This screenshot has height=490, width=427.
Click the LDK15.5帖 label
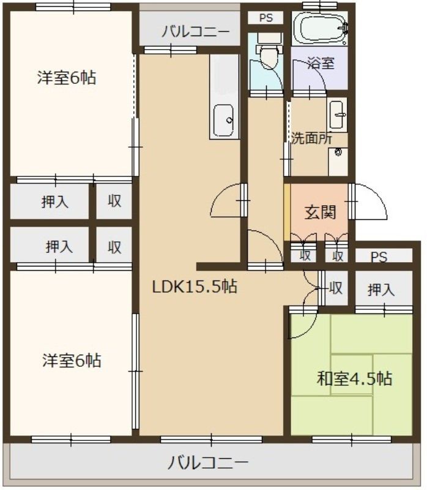pyautogui.click(x=195, y=286)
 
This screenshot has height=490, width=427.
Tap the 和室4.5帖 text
pyautogui.click(x=354, y=379)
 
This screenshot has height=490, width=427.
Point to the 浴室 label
pyautogui.click(x=321, y=63)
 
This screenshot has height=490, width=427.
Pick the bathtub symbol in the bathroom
pyautogui.click(x=319, y=28)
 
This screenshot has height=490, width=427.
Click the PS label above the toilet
pyautogui.click(x=265, y=18)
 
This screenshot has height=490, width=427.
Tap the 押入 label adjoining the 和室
pyautogui.click(x=381, y=290)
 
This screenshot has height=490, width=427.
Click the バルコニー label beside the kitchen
pyautogui.click(x=195, y=32)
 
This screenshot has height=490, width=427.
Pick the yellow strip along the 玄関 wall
pyautogui.click(x=287, y=213)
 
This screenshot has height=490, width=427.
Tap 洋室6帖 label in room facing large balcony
pyautogui.click(x=72, y=360)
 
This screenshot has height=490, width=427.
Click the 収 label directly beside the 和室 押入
pyautogui.click(x=335, y=287)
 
